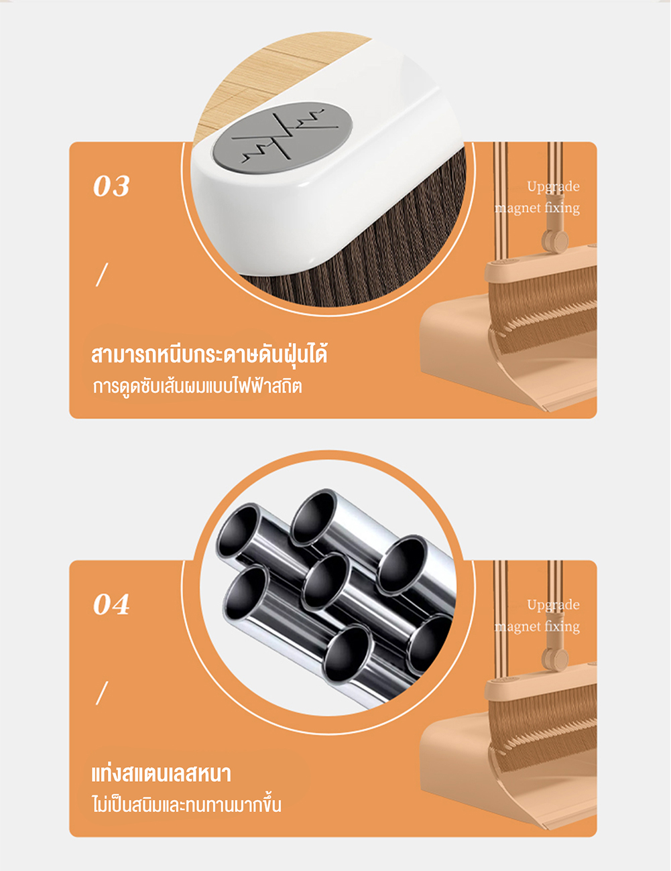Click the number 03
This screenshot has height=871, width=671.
(111, 186)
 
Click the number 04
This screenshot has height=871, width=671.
(111, 604)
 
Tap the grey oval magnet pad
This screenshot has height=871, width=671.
(283, 138)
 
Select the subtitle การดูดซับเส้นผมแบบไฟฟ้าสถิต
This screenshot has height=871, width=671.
(197, 387)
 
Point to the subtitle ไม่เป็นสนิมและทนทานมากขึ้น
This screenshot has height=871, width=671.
(187, 805)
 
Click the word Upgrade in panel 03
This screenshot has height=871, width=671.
(553, 187)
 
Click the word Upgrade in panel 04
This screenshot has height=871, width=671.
(553, 605)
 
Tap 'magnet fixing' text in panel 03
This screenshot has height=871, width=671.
(537, 208)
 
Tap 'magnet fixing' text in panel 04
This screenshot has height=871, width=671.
(537, 626)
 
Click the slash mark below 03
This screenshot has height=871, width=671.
(102, 275)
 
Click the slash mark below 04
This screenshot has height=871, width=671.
(102, 693)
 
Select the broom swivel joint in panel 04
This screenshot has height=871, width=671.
(556, 658)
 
